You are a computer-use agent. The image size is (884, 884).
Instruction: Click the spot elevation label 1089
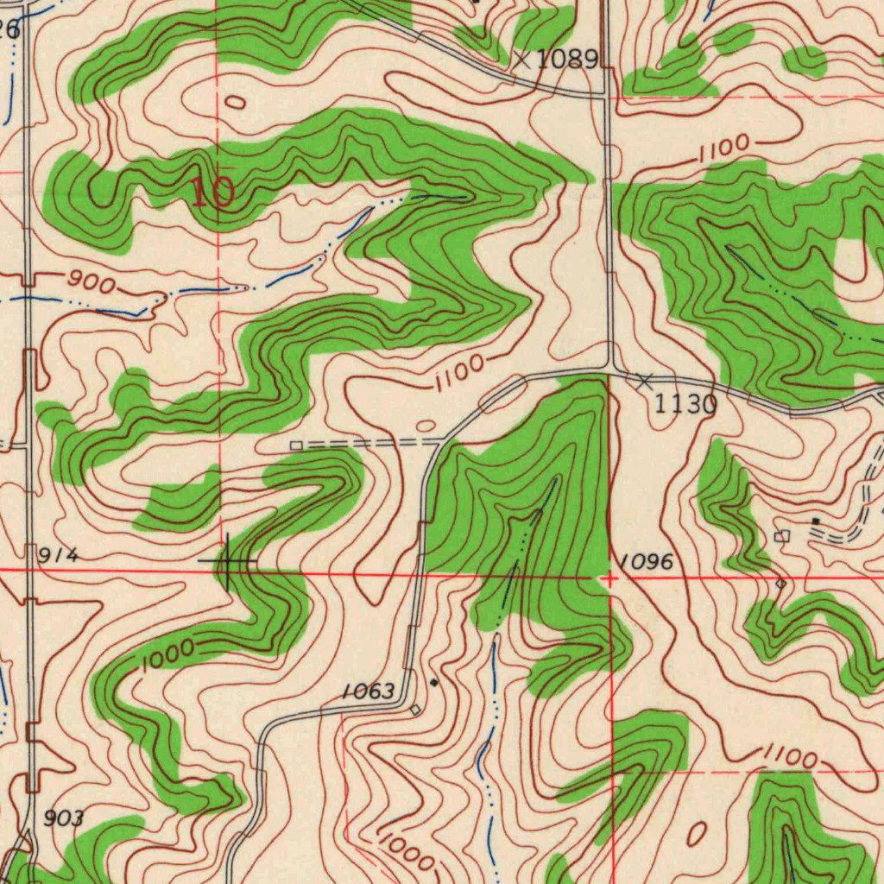point(566,60)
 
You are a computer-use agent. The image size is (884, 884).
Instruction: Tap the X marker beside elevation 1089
point(521,60)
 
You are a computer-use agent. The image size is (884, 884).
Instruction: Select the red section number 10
point(212,193)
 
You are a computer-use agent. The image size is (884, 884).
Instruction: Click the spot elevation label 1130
point(685,403)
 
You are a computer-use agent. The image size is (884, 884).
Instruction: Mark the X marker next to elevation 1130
point(644,381)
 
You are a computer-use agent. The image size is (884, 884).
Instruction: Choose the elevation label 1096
point(646,563)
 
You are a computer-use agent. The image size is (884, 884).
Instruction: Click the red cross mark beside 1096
point(609,579)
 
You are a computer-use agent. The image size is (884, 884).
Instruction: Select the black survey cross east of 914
point(227,562)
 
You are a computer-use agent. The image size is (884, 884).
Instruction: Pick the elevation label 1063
point(368,691)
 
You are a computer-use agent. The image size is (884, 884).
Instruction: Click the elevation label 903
point(65,818)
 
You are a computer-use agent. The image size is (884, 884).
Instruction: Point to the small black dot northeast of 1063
point(433,682)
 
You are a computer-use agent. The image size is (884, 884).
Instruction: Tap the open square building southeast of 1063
point(415,710)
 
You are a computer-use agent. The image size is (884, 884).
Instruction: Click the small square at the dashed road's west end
point(295,445)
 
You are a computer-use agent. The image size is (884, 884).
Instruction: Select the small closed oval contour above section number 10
point(235,103)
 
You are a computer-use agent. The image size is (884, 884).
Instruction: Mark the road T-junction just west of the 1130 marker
point(609,370)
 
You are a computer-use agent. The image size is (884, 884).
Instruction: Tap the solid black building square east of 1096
point(816,521)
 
